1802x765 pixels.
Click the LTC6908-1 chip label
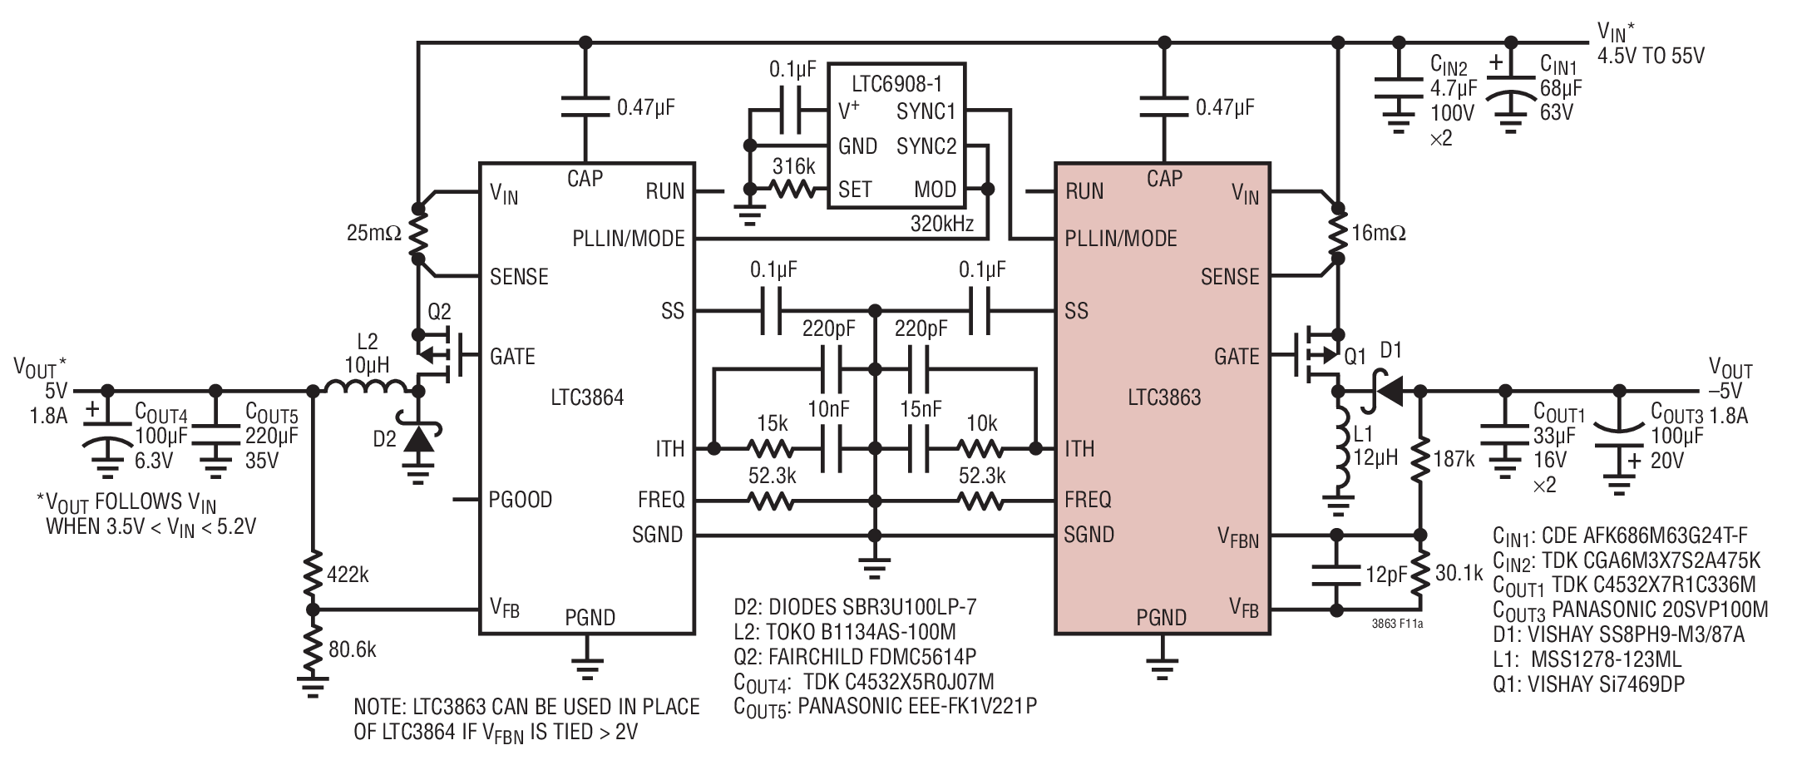pyautogui.click(x=896, y=83)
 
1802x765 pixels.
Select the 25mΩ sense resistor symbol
pyautogui.click(x=417, y=234)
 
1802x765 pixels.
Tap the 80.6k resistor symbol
pyautogui.click(x=313, y=649)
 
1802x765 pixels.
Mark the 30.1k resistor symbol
pyautogui.click(x=1419, y=573)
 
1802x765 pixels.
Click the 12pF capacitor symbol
pyautogui.click(x=1335, y=573)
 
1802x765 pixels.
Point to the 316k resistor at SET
pyautogui.click(x=793, y=190)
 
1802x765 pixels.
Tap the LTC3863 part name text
pyautogui.click(x=1164, y=397)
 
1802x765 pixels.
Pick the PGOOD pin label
pyautogui.click(x=521, y=500)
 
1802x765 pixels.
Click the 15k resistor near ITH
pyautogui.click(x=772, y=449)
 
